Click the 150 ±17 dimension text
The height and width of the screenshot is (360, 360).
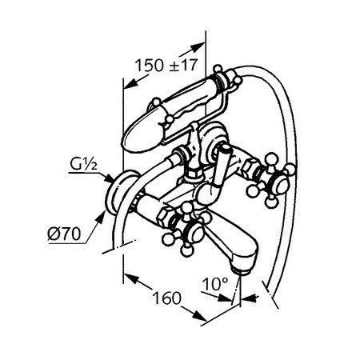click(x=166, y=65)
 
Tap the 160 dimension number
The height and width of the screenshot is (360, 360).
click(x=166, y=298)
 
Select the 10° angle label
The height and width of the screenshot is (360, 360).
click(x=215, y=284)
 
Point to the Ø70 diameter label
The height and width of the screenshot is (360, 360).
click(x=64, y=234)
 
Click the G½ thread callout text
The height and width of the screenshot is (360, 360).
click(x=83, y=164)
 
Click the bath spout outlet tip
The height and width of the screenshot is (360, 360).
click(x=241, y=271)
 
